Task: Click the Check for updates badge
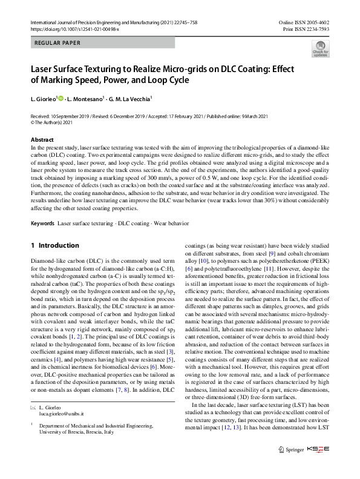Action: tap(320, 48)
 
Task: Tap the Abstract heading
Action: tap(42, 140)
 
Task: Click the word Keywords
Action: tap(43, 223)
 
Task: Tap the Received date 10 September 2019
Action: tap(67, 115)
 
